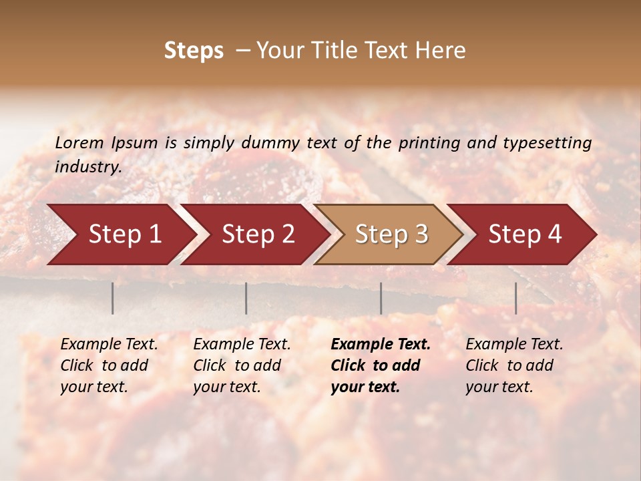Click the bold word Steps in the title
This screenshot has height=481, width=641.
pyautogui.click(x=194, y=51)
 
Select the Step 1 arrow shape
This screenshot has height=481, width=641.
pyautogui.click(x=120, y=234)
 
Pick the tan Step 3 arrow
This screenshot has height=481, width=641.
pyautogui.click(x=389, y=234)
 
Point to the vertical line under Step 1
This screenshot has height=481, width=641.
pyautogui.click(x=113, y=298)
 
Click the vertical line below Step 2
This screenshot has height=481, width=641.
pyautogui.click(x=246, y=298)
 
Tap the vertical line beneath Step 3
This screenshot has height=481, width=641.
pyautogui.click(x=381, y=298)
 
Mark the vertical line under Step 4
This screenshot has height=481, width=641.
pyautogui.click(x=515, y=298)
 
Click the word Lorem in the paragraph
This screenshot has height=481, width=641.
pyautogui.click(x=79, y=143)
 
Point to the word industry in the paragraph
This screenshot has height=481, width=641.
pyautogui.click(x=87, y=167)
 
